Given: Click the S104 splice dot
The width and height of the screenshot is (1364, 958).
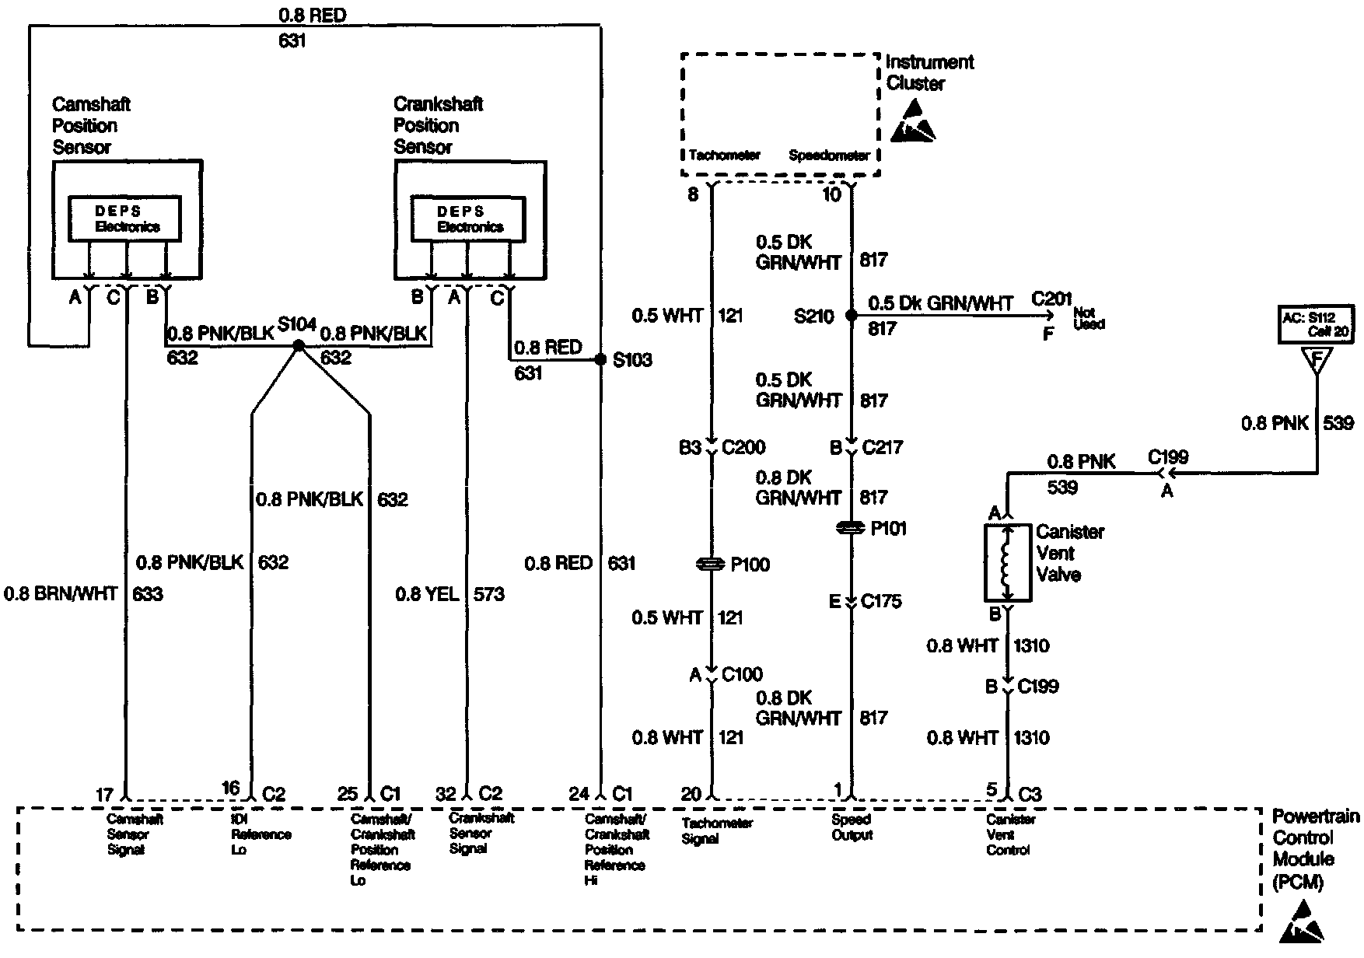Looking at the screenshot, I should (x=297, y=345).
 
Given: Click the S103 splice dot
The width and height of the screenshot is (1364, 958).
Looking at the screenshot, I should (x=600, y=360).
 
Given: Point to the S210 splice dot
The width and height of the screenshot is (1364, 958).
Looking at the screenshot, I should (x=851, y=316).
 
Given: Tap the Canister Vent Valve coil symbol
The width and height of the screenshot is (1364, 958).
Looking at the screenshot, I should (x=1007, y=564).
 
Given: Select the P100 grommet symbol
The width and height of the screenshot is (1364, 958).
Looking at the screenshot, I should (x=711, y=565).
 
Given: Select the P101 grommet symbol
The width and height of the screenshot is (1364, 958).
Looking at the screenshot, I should (x=851, y=529).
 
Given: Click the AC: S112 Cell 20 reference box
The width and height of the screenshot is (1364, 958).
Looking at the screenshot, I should (x=1316, y=324).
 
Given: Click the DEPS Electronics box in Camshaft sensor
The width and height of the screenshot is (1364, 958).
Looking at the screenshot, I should (x=125, y=219).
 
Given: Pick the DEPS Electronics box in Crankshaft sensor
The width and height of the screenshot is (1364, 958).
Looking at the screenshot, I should (x=469, y=219).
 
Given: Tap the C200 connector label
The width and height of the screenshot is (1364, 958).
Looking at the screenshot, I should (x=743, y=447).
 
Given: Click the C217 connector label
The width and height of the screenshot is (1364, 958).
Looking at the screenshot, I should (x=883, y=447).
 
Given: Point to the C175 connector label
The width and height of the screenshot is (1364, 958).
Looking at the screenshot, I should (x=882, y=601).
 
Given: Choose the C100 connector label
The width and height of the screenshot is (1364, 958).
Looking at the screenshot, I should (x=742, y=674).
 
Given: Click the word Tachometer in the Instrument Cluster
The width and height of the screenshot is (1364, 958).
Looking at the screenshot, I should (x=724, y=156).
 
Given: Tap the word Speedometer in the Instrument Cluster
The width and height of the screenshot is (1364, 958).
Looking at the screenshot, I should (x=829, y=156).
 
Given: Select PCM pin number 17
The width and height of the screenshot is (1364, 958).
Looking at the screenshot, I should (x=104, y=795).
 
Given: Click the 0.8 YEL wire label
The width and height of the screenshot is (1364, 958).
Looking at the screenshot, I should (x=427, y=595).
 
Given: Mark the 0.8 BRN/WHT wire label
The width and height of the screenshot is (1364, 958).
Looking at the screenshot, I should (x=61, y=595).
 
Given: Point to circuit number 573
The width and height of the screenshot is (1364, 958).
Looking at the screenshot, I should (x=488, y=595).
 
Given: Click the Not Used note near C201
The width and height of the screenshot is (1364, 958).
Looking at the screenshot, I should (x=1089, y=318).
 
